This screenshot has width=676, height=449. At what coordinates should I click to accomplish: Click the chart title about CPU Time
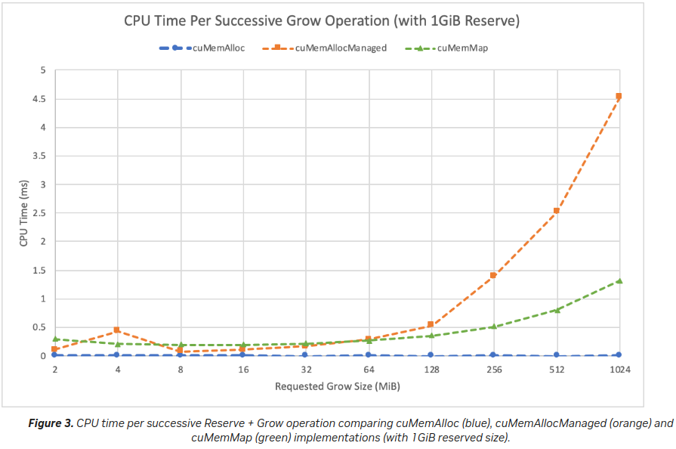coord(322,20)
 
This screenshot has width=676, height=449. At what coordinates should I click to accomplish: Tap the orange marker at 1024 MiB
coord(619,97)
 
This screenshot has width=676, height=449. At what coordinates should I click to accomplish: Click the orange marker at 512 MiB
coord(556,211)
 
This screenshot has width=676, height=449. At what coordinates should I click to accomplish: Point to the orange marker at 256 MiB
coord(493,276)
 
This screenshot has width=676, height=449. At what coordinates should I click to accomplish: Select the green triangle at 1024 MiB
coord(619,280)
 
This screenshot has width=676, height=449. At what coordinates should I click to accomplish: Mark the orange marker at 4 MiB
coord(117,330)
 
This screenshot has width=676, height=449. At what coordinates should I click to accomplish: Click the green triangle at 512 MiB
coord(556,310)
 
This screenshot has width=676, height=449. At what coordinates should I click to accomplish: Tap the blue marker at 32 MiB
coord(305,355)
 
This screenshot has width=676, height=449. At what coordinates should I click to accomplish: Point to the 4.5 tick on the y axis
coord(39,99)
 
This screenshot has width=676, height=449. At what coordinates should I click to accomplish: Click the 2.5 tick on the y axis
coord(39,213)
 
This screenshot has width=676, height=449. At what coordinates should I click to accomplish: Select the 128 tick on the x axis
coord(431,370)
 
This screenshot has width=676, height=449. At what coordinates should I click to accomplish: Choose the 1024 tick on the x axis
coord(619,370)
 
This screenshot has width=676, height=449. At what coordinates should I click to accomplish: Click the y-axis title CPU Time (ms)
coord(23,213)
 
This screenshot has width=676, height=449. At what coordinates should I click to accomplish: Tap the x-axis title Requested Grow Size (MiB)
coord(337,386)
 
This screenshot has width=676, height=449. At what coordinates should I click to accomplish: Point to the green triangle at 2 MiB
coord(55,339)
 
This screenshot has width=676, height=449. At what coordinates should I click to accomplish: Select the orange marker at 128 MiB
coord(431,325)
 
